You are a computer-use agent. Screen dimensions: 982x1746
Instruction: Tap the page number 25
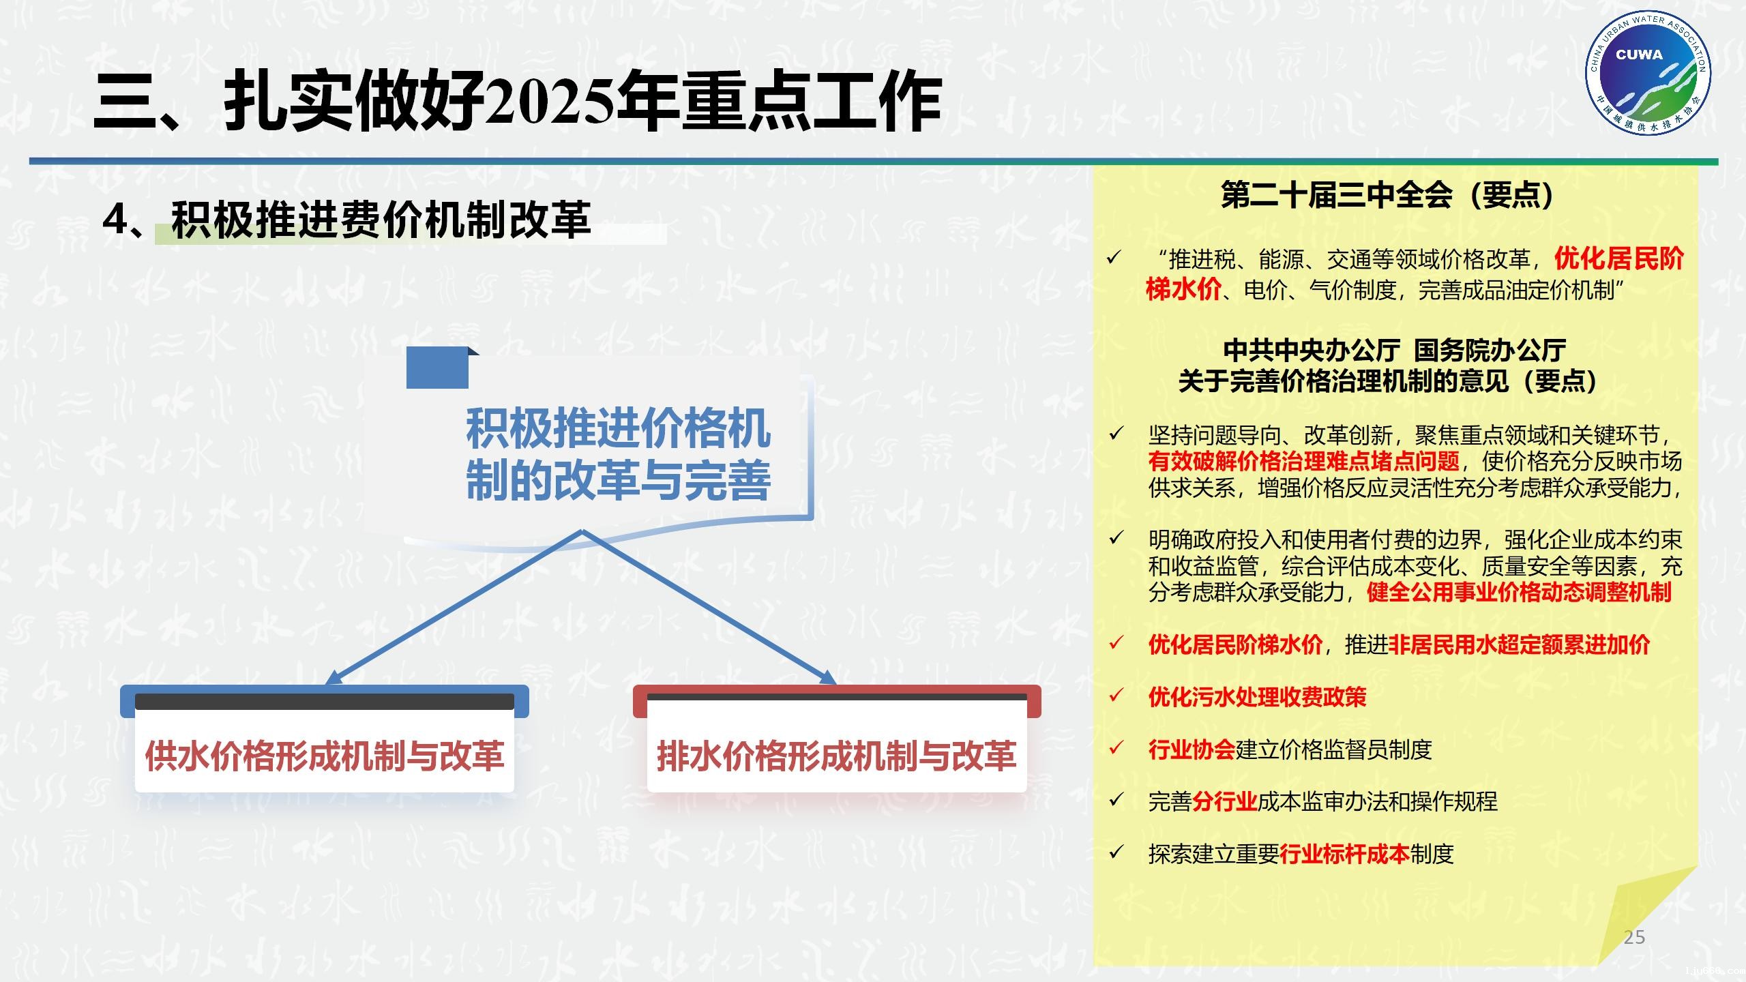[x=1634, y=937]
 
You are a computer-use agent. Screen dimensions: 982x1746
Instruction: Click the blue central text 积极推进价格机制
[x=618, y=430]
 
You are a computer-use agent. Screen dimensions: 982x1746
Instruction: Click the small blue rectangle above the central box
[x=438, y=368]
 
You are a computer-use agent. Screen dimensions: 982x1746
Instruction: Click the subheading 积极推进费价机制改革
[x=381, y=220]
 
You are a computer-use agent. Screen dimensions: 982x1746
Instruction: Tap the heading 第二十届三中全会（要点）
[x=1387, y=196]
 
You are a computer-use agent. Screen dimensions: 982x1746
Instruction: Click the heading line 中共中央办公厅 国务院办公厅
[x=1394, y=351]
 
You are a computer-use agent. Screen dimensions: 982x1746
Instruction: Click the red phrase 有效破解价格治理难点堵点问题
[x=1303, y=462]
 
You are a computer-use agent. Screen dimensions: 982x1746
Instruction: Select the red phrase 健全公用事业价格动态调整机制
[x=1518, y=592]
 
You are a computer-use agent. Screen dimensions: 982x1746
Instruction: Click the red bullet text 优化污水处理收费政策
[x=1257, y=697]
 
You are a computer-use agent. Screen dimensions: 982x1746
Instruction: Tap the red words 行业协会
[x=1191, y=749]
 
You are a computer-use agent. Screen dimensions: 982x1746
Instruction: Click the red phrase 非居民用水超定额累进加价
[x=1518, y=644]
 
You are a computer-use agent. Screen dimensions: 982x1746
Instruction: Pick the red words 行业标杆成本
[x=1344, y=854]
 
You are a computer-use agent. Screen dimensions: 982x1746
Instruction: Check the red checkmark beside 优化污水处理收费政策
[x=1116, y=696]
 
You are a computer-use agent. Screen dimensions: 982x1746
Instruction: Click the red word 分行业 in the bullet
[x=1224, y=801]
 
